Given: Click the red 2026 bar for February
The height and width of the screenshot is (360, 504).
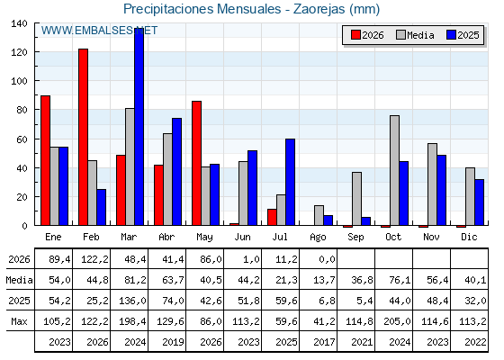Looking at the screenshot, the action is tap(83, 137).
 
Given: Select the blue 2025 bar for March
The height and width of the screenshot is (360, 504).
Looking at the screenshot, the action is tap(139, 127).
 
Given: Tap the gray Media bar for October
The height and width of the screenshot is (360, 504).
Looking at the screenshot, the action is tap(395, 170).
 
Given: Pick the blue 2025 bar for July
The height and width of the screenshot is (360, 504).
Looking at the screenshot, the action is tap(290, 182).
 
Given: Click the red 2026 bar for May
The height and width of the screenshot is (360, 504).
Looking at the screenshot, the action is tap(197, 163).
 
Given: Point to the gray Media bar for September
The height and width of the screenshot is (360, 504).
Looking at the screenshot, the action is tap(356, 199).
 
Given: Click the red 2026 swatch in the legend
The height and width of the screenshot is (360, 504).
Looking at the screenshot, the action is tap(355, 35).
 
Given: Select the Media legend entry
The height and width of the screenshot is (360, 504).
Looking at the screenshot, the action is tap(416, 35).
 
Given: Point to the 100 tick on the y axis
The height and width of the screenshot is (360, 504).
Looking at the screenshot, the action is tap(19, 81).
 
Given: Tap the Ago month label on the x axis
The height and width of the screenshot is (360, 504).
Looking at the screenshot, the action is tap(318, 238).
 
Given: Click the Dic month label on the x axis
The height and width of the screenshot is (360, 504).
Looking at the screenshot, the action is tap(469, 237).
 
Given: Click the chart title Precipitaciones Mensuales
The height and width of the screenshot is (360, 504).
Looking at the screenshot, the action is tap(202, 9).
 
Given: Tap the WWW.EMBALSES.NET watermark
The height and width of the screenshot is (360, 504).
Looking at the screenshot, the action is tap(99, 31).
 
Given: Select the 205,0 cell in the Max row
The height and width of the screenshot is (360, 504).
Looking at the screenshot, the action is tap(397, 321).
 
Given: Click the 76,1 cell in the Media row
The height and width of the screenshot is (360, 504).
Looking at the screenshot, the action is tap(400, 280).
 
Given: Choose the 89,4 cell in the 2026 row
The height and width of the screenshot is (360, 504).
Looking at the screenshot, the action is tap(59, 259).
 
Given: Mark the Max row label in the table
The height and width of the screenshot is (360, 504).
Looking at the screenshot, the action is tap(19, 321).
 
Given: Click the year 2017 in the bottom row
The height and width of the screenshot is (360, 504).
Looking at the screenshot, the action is tap(324, 342).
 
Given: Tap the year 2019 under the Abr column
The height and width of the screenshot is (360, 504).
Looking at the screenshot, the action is tap(173, 342).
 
